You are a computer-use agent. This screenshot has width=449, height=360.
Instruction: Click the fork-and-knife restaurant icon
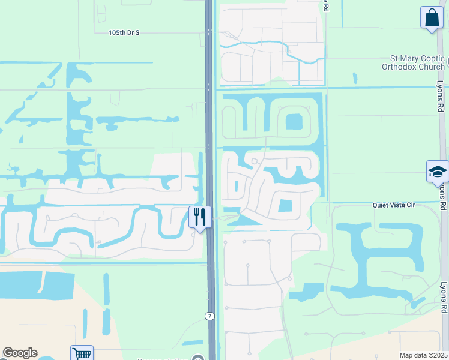tap(200, 216)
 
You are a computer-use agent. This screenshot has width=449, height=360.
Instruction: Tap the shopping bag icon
tap(432, 17)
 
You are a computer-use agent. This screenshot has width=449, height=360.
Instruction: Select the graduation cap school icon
tap(437, 172)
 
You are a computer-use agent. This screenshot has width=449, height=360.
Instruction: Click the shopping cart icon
tap(82, 354)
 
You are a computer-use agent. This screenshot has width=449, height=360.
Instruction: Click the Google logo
tap(20, 353)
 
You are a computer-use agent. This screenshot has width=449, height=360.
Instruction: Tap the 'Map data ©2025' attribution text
tap(423, 355)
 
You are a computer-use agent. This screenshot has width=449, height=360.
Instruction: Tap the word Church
tap(432, 67)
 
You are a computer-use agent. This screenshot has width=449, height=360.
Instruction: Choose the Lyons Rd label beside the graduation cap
tap(443, 196)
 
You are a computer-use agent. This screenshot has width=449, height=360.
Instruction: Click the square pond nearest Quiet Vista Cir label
tap(285, 206)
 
